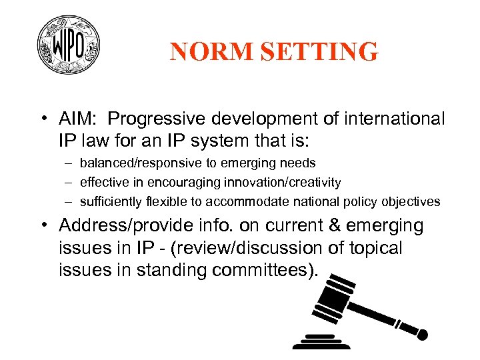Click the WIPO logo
(x=69, y=45)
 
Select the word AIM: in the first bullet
(x=79, y=119)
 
